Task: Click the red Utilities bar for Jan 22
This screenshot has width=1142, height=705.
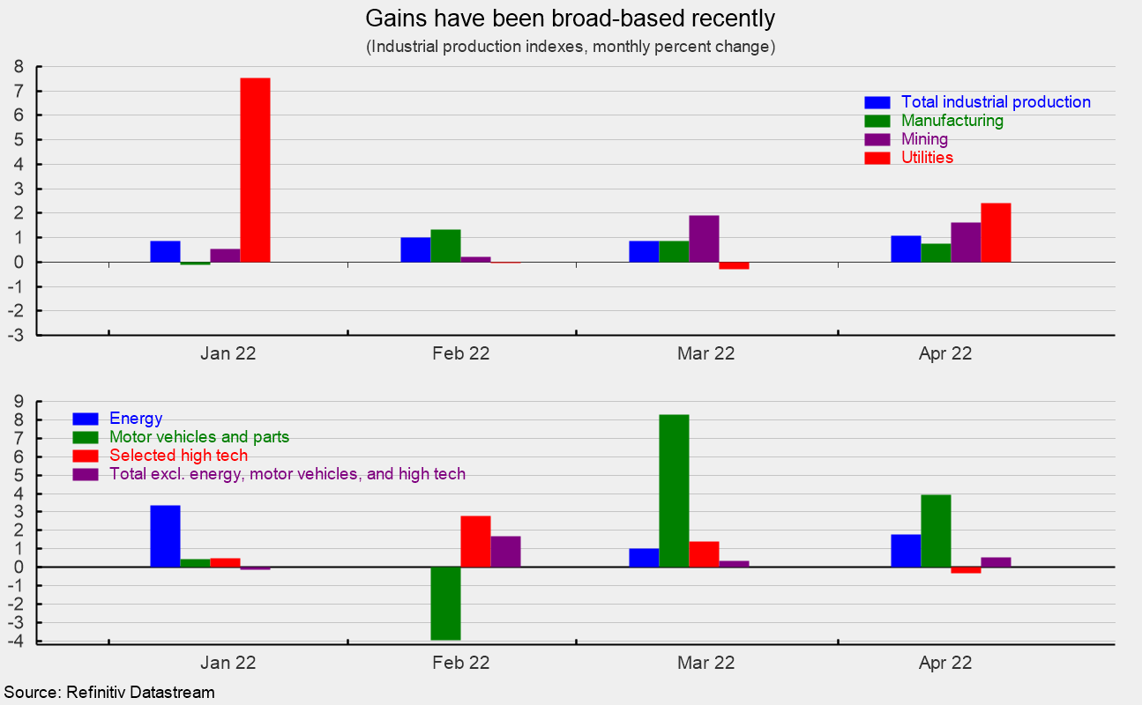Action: point(255,170)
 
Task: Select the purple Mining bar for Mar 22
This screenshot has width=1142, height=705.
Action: point(704,239)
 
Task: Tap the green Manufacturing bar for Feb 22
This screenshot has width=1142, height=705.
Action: point(445,246)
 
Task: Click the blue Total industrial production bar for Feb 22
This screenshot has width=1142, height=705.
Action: point(415,249)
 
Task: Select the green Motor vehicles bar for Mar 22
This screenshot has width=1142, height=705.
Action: point(674,490)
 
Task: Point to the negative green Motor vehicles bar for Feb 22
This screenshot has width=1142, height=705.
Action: point(445,603)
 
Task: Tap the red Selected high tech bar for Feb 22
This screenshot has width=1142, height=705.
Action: point(475,541)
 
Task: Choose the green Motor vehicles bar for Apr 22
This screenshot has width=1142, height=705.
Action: point(936,531)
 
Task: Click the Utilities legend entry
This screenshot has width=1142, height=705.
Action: point(927,158)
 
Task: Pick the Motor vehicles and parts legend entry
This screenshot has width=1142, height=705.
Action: point(198,437)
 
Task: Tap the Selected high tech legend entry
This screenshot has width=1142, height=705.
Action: point(178,456)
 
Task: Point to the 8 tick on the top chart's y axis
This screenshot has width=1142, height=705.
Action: point(17,66)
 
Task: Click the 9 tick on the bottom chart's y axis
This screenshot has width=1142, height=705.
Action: point(17,401)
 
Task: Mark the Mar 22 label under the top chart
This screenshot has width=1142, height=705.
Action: point(705,354)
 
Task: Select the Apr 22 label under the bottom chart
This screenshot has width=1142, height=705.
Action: point(944,663)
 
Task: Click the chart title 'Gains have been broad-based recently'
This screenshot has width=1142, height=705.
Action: point(571,19)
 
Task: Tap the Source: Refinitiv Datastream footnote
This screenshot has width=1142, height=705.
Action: point(109,693)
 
